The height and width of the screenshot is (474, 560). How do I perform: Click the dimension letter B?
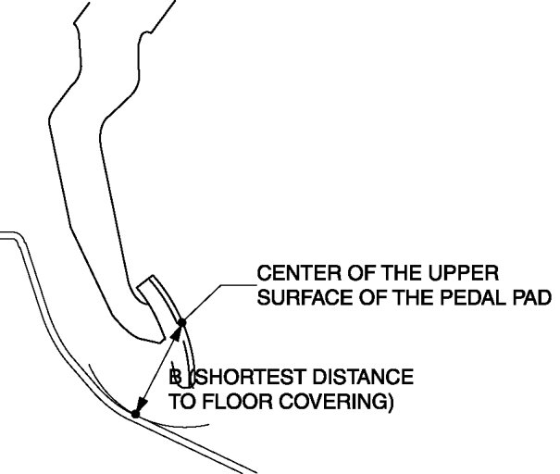pos(173,379)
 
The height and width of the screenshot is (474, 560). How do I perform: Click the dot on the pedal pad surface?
pos(182,323)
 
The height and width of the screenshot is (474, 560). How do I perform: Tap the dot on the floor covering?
pos(135,414)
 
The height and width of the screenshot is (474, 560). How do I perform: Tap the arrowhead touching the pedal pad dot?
pos(179,331)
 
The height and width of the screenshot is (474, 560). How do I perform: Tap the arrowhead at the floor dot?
pos(139,406)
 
